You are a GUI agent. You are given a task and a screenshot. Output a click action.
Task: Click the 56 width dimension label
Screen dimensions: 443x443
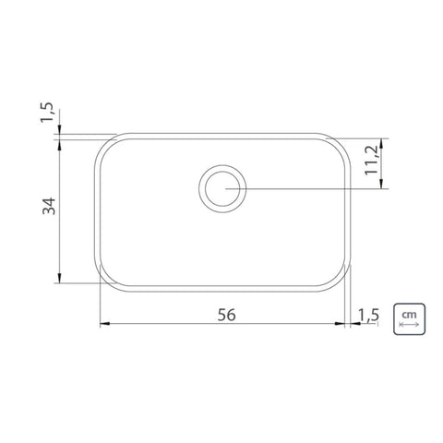227,315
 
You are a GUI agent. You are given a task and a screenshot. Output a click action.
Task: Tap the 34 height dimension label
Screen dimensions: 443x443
49,206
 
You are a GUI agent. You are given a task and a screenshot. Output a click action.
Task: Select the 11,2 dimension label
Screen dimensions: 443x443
371,160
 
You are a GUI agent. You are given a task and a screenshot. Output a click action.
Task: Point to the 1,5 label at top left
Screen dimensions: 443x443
47,113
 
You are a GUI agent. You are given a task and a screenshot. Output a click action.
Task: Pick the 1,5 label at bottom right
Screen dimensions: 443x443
368,315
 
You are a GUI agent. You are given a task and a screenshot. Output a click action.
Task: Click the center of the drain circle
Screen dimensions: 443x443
222,188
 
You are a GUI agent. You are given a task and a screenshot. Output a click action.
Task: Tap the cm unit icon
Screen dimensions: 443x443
409,319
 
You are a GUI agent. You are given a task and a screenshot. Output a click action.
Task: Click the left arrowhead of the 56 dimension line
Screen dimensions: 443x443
105,324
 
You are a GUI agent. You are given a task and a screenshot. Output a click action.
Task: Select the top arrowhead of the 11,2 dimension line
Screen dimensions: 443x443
381,143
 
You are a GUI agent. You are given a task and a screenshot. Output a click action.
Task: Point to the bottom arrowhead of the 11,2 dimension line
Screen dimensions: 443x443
381,184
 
